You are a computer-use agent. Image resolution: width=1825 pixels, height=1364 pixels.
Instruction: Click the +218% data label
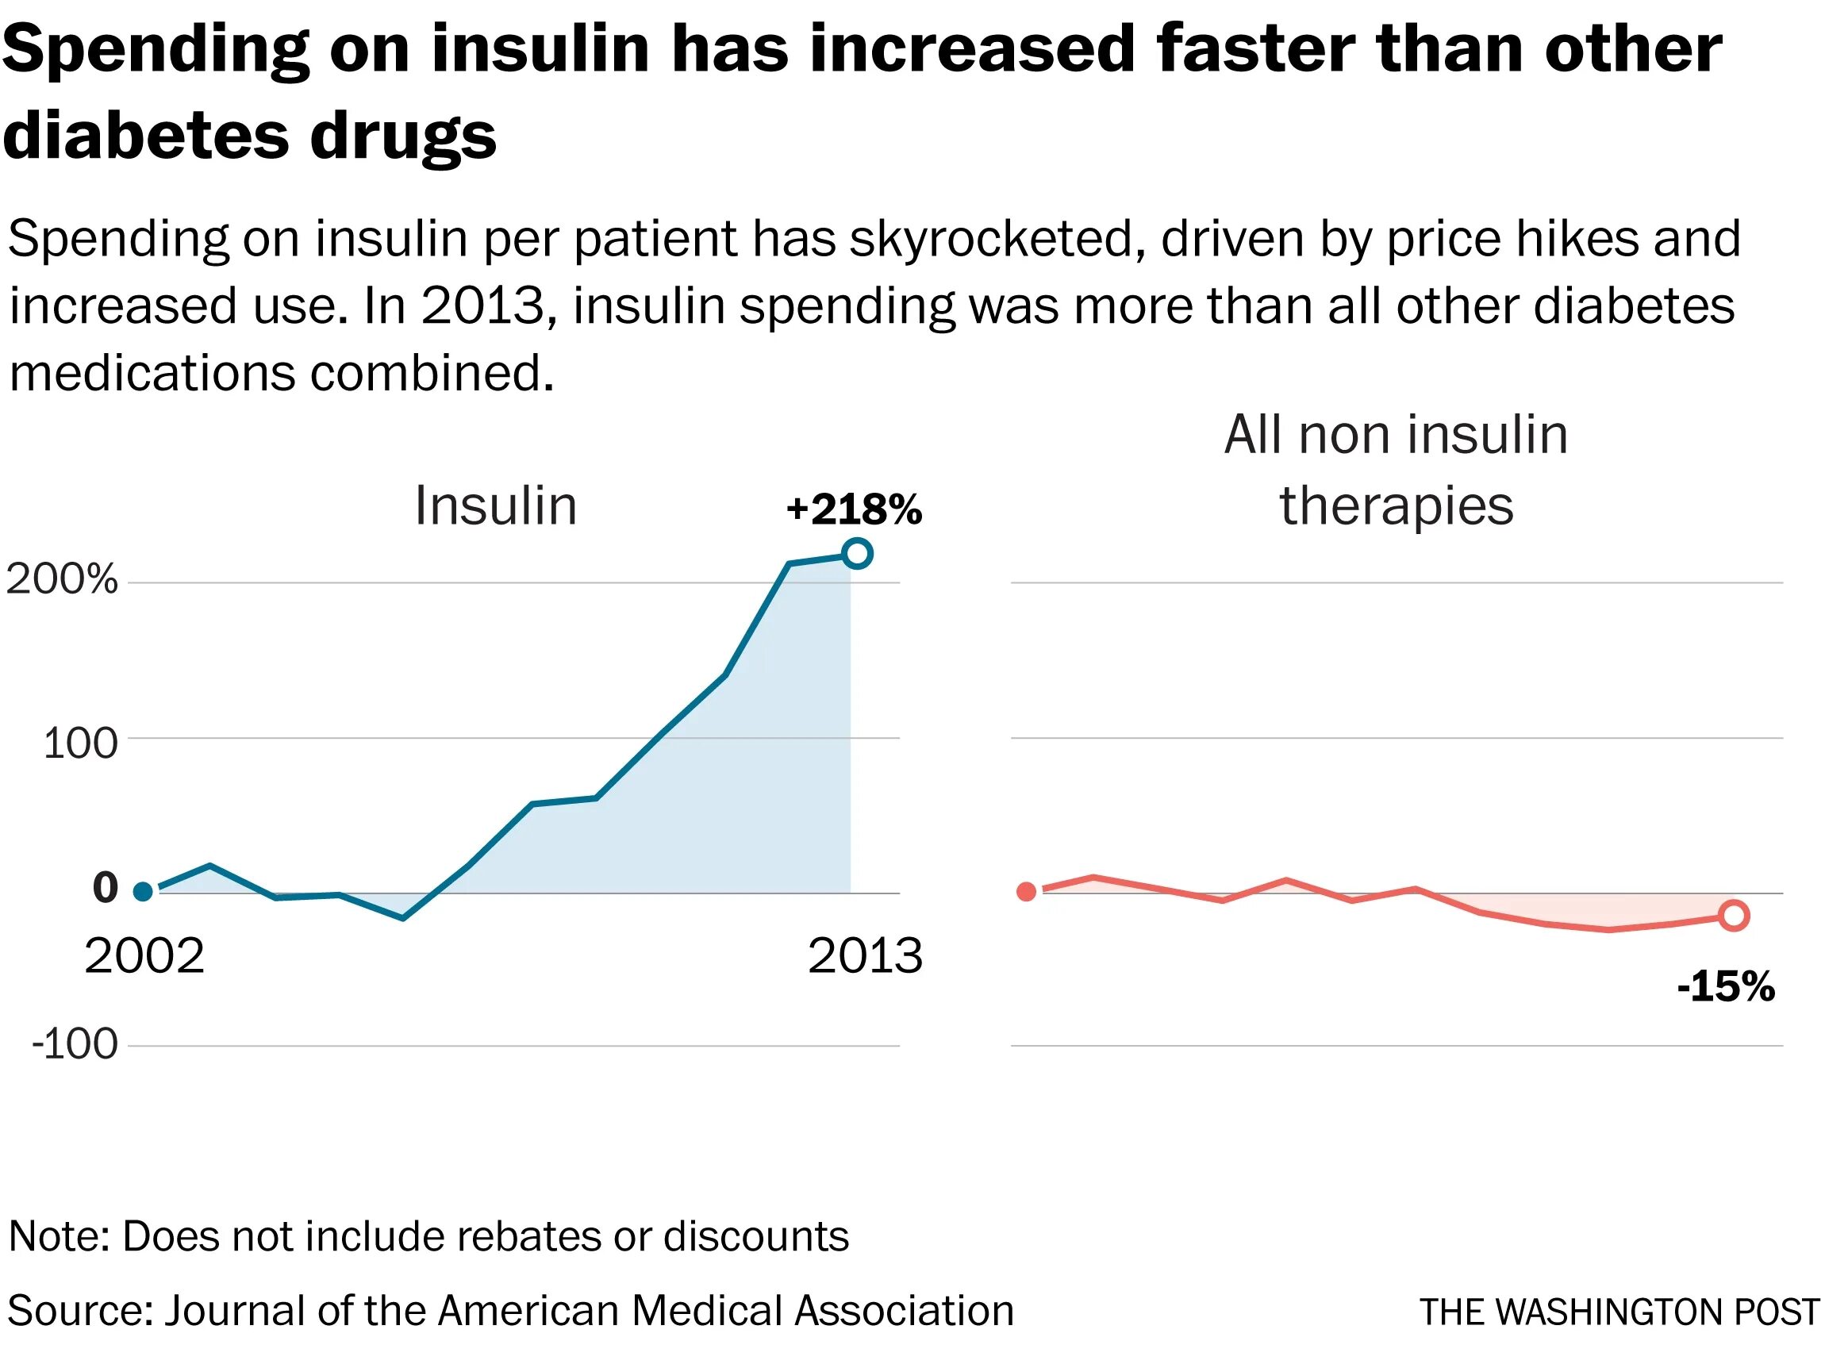point(853,509)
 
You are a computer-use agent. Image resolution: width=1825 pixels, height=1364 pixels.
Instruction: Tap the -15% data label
point(1725,986)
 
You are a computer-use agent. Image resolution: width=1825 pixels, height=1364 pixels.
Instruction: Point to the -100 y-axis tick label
point(75,1044)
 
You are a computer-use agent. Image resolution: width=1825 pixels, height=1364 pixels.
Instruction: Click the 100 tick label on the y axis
point(80,743)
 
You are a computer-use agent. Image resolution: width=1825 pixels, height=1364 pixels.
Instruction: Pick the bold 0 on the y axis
point(106,888)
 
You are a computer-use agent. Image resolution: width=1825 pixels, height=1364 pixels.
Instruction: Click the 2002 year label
point(144,956)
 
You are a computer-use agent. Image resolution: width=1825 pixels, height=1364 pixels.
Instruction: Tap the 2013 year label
point(865,956)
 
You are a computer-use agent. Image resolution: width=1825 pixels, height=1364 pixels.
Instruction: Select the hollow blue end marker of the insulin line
point(857,553)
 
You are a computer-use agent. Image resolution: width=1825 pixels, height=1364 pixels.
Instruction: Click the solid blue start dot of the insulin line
point(143,891)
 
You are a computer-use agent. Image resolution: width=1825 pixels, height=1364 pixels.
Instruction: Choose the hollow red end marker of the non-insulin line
point(1734,915)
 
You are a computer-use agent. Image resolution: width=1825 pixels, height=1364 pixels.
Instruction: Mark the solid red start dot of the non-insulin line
point(1026,891)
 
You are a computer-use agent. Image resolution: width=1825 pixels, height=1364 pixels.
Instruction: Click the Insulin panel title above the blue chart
point(495,505)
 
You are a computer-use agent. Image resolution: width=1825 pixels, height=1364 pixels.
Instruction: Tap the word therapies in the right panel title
point(1396,505)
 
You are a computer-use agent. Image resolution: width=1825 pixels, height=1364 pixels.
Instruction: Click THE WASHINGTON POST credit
point(1619,1312)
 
